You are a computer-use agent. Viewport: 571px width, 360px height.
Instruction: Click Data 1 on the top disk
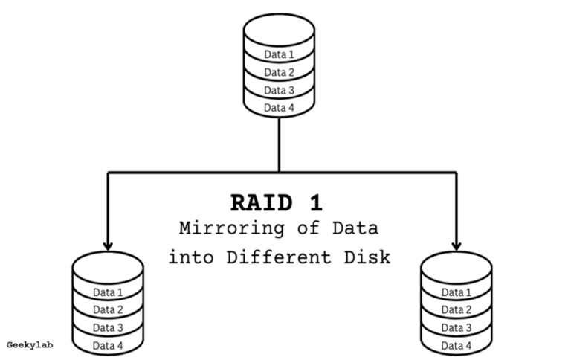pyautogui.click(x=280, y=54)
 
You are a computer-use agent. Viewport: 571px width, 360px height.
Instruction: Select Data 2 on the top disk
pyautogui.click(x=280, y=72)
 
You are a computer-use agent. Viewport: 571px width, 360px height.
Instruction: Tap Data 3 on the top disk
pyautogui.click(x=280, y=90)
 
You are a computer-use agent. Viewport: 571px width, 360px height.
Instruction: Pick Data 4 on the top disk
pyautogui.click(x=280, y=108)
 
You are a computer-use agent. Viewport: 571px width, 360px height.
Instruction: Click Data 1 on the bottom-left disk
pyautogui.click(x=108, y=292)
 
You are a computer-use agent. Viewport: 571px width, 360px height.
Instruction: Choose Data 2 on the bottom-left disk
pyautogui.click(x=108, y=309)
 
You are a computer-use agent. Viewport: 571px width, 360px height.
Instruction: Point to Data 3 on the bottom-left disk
pyautogui.click(x=108, y=327)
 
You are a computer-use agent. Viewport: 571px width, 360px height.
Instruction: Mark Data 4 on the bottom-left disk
pyautogui.click(x=108, y=346)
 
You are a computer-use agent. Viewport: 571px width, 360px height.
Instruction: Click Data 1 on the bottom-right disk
pyautogui.click(x=457, y=292)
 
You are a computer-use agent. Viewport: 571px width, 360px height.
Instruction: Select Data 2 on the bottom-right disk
pyautogui.click(x=457, y=309)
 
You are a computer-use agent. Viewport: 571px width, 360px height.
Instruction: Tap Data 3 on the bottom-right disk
pyautogui.click(x=457, y=327)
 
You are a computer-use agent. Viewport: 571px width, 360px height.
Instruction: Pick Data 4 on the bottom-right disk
pyautogui.click(x=457, y=346)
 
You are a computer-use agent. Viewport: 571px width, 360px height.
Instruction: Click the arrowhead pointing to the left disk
pyautogui.click(x=109, y=245)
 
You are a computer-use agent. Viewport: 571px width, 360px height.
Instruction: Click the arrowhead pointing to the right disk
pyautogui.click(x=456, y=245)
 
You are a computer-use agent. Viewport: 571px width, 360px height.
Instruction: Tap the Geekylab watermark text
pyautogui.click(x=29, y=345)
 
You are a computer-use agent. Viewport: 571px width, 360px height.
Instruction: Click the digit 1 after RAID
pyautogui.click(x=315, y=203)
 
